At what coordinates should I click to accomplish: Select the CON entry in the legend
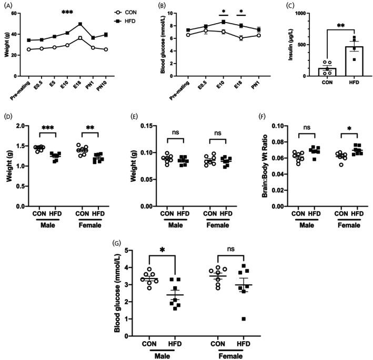(127, 10)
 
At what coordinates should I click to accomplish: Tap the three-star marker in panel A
(67, 12)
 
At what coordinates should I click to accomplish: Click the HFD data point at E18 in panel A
(79, 24)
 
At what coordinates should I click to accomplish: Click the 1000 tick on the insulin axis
(301, 13)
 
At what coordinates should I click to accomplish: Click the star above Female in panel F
(349, 129)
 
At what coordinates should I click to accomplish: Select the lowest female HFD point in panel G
(243, 319)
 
